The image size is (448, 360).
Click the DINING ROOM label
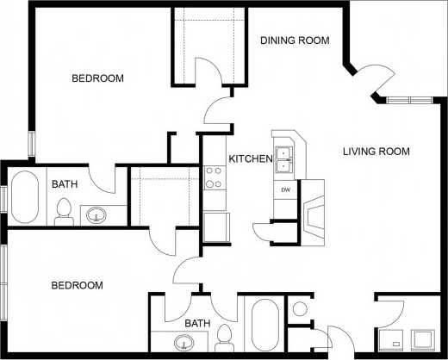click(x=295, y=40)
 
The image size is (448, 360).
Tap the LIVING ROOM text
click(x=376, y=152)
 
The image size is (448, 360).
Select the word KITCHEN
click(x=251, y=159)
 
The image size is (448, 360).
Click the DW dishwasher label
click(x=283, y=188)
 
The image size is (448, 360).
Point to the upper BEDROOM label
click(x=97, y=78)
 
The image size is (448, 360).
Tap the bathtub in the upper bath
click(x=24, y=198)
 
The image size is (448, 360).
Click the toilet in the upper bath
click(x=63, y=211)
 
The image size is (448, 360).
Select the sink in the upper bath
click(x=95, y=214)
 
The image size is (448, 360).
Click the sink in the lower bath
click(x=184, y=344)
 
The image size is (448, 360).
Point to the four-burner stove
click(x=213, y=177)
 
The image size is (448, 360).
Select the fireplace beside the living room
click(x=312, y=213)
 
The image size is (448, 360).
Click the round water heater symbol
click(x=301, y=308)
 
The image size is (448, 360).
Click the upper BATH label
click(x=65, y=184)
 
